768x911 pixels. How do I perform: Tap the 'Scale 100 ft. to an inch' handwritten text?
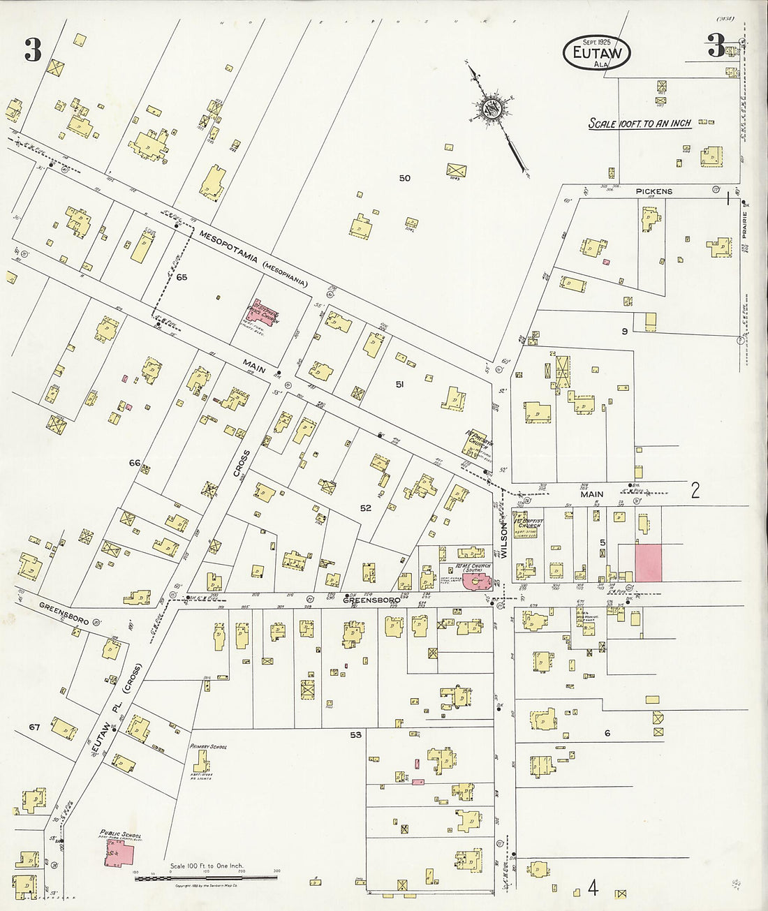pyautogui.click(x=640, y=124)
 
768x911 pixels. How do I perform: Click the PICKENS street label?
pyautogui.click(x=653, y=191)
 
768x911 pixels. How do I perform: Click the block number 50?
pyautogui.click(x=404, y=178)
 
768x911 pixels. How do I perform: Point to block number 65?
pyautogui.click(x=182, y=277)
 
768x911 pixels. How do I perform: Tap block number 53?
pyautogui.click(x=356, y=735)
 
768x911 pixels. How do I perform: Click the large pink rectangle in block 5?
pyautogui.click(x=648, y=563)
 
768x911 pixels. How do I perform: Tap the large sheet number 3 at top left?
pyautogui.click(x=33, y=50)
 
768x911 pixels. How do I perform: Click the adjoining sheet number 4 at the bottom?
pyautogui.click(x=593, y=888)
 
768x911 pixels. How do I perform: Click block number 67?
pyautogui.click(x=35, y=727)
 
